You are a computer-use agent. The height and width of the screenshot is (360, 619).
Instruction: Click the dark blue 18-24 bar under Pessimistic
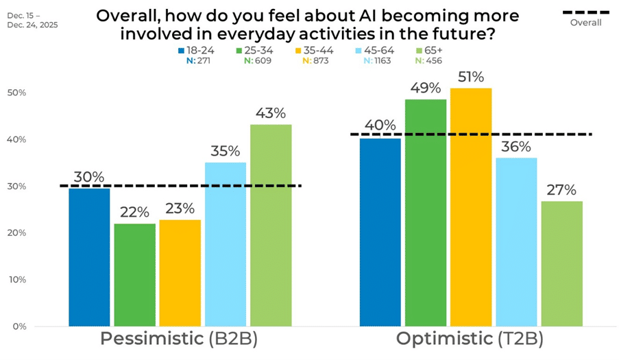tap(89, 257)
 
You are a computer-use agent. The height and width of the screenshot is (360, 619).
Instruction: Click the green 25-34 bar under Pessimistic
tap(134, 274)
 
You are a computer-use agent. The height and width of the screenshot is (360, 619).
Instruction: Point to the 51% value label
tap(470, 77)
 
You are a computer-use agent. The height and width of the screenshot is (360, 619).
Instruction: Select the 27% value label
tap(561, 190)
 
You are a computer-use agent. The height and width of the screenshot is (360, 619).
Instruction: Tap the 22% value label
tap(134, 213)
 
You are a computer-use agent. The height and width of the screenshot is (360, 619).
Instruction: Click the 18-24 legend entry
tap(195, 50)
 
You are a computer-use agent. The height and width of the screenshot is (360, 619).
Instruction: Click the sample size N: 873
tap(315, 60)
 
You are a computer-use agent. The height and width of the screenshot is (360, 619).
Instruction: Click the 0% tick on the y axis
tap(19, 326)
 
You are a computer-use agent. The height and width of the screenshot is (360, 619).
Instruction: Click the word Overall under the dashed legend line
tap(585, 23)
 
